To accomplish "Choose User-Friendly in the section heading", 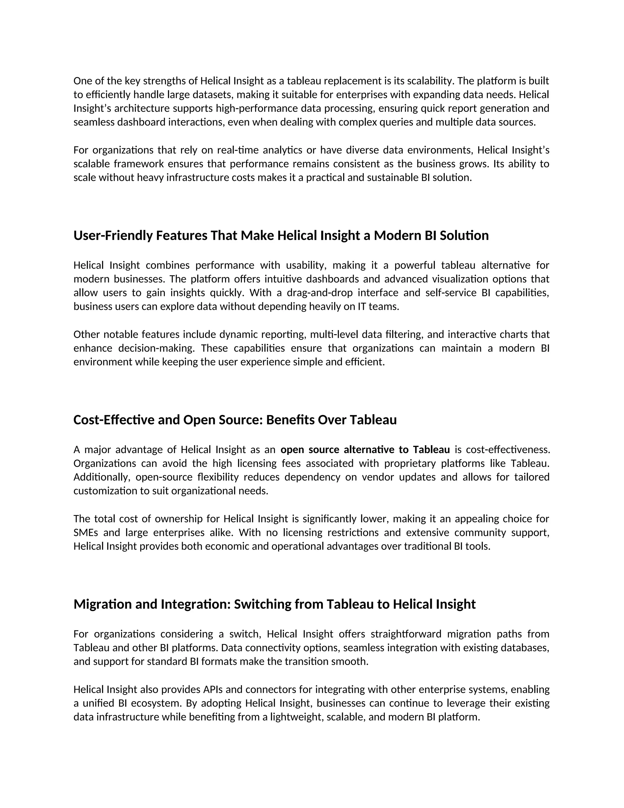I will tap(113, 235).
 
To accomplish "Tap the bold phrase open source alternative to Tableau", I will tap(365, 449).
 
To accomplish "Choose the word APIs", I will tap(213, 690).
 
